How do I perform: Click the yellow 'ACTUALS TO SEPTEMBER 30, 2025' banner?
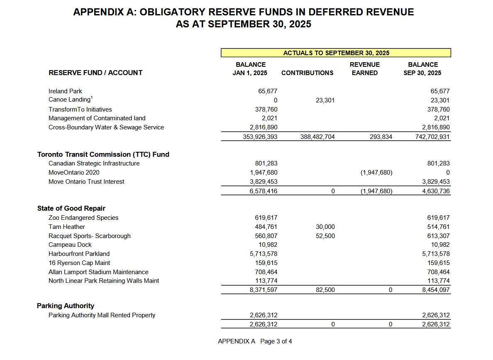click(336, 53)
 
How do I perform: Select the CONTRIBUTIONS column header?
click(307, 73)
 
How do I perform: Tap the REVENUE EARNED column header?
click(365, 69)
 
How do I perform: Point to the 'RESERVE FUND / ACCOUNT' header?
click(95, 73)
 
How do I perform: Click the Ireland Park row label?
click(65, 91)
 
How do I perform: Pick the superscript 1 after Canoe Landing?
click(92, 98)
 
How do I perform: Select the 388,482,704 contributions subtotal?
click(317, 137)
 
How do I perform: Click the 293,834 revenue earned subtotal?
click(381, 137)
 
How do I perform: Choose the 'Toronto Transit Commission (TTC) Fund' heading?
click(103, 154)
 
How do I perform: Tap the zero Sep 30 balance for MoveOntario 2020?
click(448, 173)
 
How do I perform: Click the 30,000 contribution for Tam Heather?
click(325, 227)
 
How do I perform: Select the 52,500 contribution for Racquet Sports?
click(325, 236)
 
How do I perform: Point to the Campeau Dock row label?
click(70, 245)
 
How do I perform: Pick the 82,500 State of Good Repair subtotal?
click(325, 290)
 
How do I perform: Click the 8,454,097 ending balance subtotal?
click(436, 290)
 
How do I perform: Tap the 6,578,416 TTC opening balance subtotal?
click(264, 191)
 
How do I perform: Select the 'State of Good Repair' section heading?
click(71, 208)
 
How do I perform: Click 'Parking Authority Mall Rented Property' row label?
click(102, 315)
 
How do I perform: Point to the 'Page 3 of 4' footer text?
click(276, 341)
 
